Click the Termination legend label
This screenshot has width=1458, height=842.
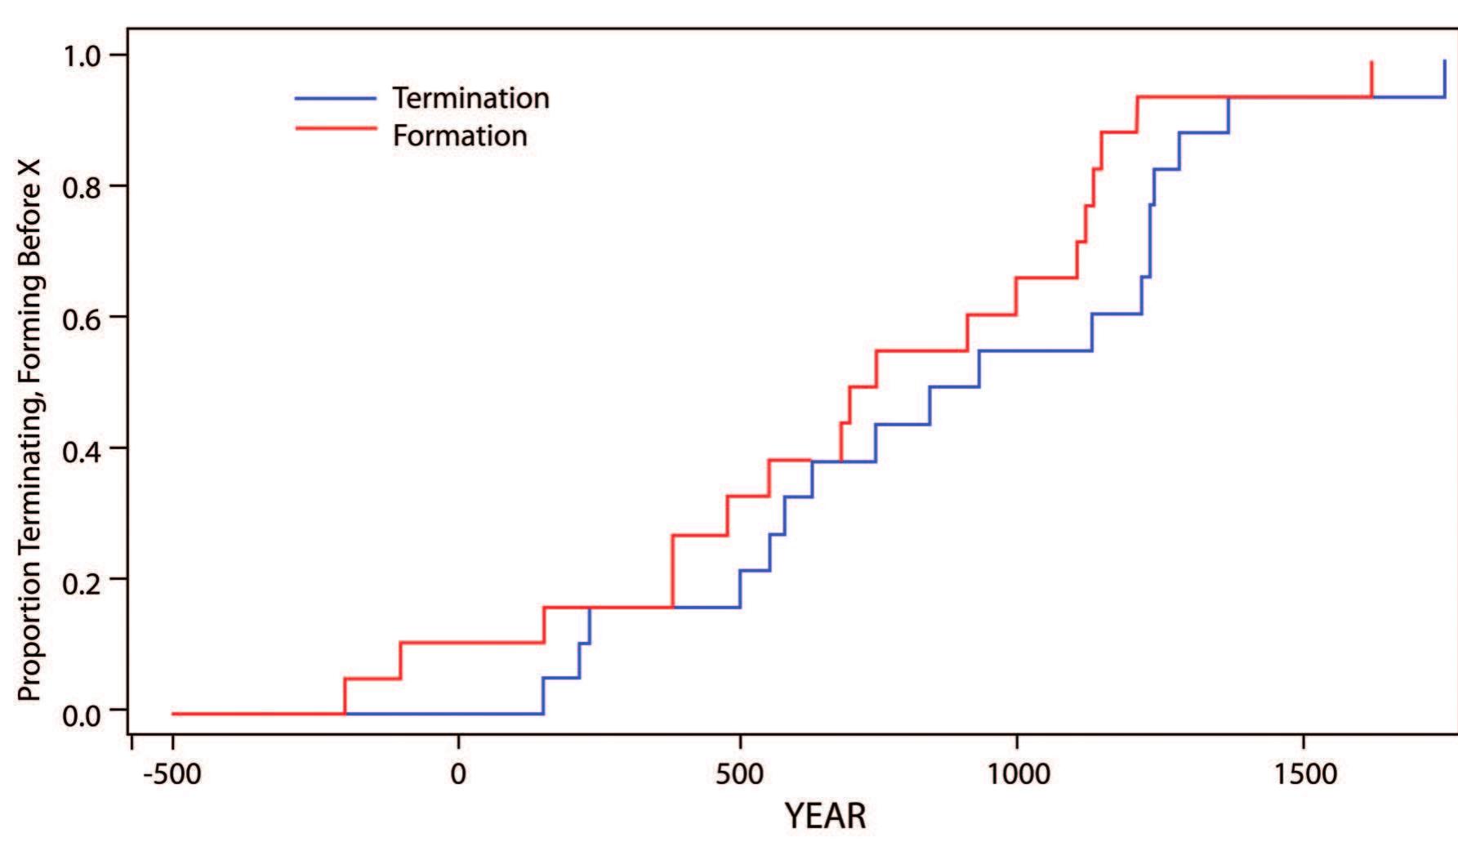pos(470,98)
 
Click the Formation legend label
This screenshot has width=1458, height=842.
pos(460,136)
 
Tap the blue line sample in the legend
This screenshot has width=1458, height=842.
pos(336,98)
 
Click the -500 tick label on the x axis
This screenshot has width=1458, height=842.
pos(172,773)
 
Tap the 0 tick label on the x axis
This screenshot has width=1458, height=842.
pos(458,773)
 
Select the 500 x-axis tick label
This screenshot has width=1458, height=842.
pos(739,773)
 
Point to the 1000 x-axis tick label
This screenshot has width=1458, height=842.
pos(1016,773)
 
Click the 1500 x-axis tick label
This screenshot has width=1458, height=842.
pos(1302,773)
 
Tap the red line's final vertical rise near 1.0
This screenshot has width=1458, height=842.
pos(1371,79)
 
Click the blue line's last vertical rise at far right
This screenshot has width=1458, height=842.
pos(1444,79)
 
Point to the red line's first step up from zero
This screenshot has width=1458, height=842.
pos(345,696)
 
